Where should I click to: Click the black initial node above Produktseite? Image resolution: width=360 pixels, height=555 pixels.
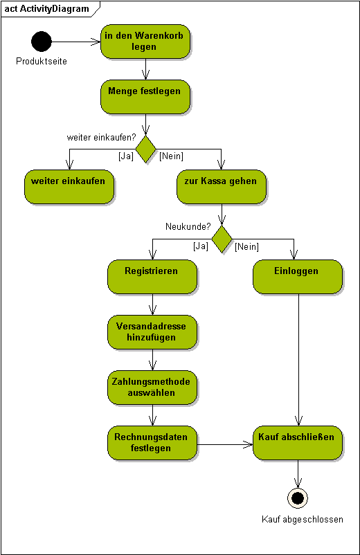pos(42,42)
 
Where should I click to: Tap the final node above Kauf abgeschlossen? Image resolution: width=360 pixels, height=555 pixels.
pos(298,498)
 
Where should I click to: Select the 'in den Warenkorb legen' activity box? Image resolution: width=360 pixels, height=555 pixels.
pos(145,42)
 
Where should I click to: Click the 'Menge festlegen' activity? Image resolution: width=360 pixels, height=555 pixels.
pos(145,97)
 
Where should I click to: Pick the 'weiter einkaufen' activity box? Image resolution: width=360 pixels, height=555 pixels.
pos(69,187)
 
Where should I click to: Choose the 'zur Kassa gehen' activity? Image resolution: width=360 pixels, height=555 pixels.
pos(222,187)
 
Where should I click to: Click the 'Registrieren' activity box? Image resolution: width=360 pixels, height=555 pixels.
pos(152,277)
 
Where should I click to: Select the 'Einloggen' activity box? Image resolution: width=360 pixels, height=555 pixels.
pos(298,277)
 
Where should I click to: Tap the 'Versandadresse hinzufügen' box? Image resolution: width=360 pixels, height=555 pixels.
pos(152,332)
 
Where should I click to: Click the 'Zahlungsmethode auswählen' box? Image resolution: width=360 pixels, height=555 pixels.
pos(152,388)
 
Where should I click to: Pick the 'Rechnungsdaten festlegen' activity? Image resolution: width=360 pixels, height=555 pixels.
pos(152,443)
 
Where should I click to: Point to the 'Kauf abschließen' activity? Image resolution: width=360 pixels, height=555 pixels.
pos(298,443)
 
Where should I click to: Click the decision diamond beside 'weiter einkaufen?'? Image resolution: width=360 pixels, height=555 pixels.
pos(146,149)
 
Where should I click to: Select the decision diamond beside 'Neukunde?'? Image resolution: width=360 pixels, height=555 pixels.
pos(222,239)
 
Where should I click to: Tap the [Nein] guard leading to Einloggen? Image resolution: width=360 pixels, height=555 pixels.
pos(246,246)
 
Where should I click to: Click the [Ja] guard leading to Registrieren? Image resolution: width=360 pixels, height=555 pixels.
pos(201,246)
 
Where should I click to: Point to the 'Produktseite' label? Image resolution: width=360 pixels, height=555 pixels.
pos(42,61)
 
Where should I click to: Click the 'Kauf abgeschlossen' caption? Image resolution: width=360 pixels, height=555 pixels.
pos(303,519)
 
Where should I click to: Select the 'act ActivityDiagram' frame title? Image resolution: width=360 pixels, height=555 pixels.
pos(46,8)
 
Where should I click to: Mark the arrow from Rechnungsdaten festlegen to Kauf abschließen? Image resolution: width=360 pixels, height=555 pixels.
pos(225,444)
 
